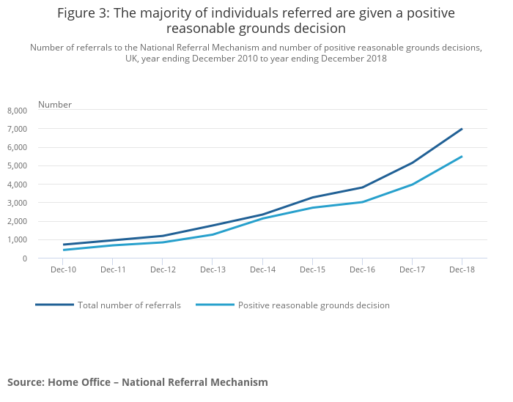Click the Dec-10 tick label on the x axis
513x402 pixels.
tap(63, 270)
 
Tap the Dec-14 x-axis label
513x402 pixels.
tap(262, 270)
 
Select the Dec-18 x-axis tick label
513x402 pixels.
tap(462, 270)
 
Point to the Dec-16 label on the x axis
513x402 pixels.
tap(362, 270)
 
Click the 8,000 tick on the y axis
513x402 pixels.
tap(17, 111)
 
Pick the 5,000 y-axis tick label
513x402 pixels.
tap(17, 166)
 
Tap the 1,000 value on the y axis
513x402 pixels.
tap(17, 240)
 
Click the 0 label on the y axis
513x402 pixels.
tap(24, 258)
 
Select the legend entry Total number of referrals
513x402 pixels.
tap(129, 305)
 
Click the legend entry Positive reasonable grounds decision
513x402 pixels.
tap(314, 305)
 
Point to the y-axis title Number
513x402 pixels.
tap(55, 105)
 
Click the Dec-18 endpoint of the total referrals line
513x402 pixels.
tap(462, 129)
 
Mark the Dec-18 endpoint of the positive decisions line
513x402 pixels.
tap(462, 156)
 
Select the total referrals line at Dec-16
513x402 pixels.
tap(362, 187)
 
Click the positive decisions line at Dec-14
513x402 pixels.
tap(262, 218)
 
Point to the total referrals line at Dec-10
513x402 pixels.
tap(64, 245)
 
